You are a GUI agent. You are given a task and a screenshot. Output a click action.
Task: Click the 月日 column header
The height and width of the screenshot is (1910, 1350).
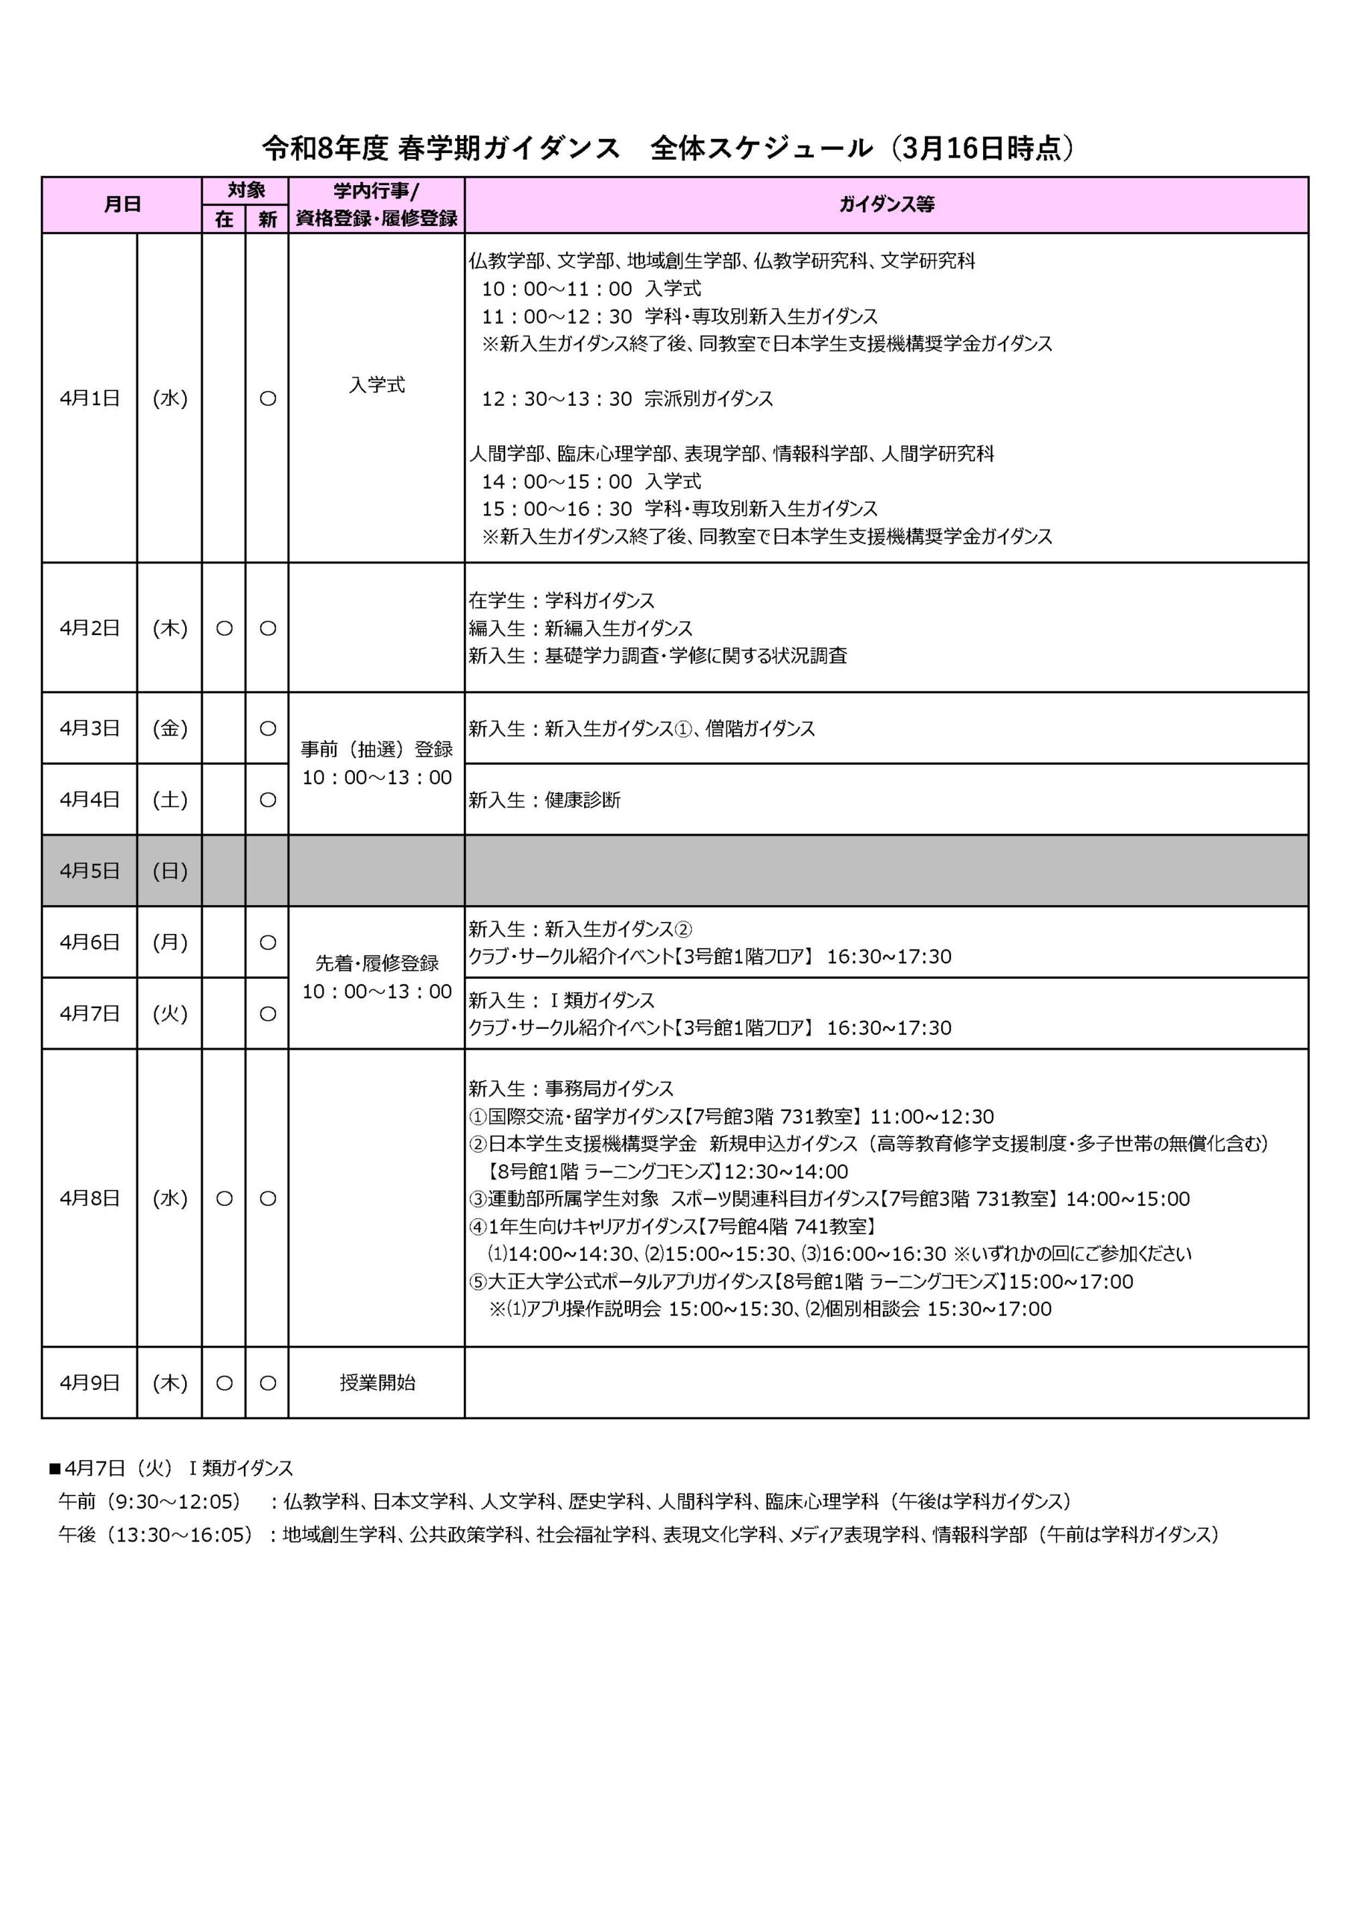tap(122, 204)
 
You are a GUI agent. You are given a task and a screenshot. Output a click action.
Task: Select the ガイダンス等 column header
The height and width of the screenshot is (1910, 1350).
tap(886, 204)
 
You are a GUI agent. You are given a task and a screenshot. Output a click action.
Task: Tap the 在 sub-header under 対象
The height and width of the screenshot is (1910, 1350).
tap(224, 219)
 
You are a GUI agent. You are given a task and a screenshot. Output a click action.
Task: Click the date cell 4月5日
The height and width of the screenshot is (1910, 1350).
tap(89, 871)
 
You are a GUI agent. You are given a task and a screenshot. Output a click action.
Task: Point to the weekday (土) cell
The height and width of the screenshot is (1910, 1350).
tap(170, 799)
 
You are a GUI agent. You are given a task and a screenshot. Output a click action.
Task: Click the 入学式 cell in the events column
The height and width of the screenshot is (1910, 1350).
tap(376, 385)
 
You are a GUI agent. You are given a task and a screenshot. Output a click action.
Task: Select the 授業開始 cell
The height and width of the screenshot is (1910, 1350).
tap(377, 1383)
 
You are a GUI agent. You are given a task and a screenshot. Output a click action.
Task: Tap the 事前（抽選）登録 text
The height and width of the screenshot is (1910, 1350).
tap(376, 750)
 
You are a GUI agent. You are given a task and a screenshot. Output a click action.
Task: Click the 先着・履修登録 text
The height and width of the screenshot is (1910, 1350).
tap(376, 963)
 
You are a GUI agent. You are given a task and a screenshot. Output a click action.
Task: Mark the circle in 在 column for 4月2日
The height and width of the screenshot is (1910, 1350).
tap(224, 629)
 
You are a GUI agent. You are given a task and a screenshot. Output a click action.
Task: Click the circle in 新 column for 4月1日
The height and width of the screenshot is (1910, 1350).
tap(268, 398)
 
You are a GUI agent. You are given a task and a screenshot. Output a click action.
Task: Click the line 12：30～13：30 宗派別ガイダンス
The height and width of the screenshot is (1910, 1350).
tap(627, 399)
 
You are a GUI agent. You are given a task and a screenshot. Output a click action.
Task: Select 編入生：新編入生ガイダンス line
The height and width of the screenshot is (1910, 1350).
tap(580, 628)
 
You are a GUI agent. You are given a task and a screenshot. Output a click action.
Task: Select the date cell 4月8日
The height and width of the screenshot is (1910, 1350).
tap(89, 1199)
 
